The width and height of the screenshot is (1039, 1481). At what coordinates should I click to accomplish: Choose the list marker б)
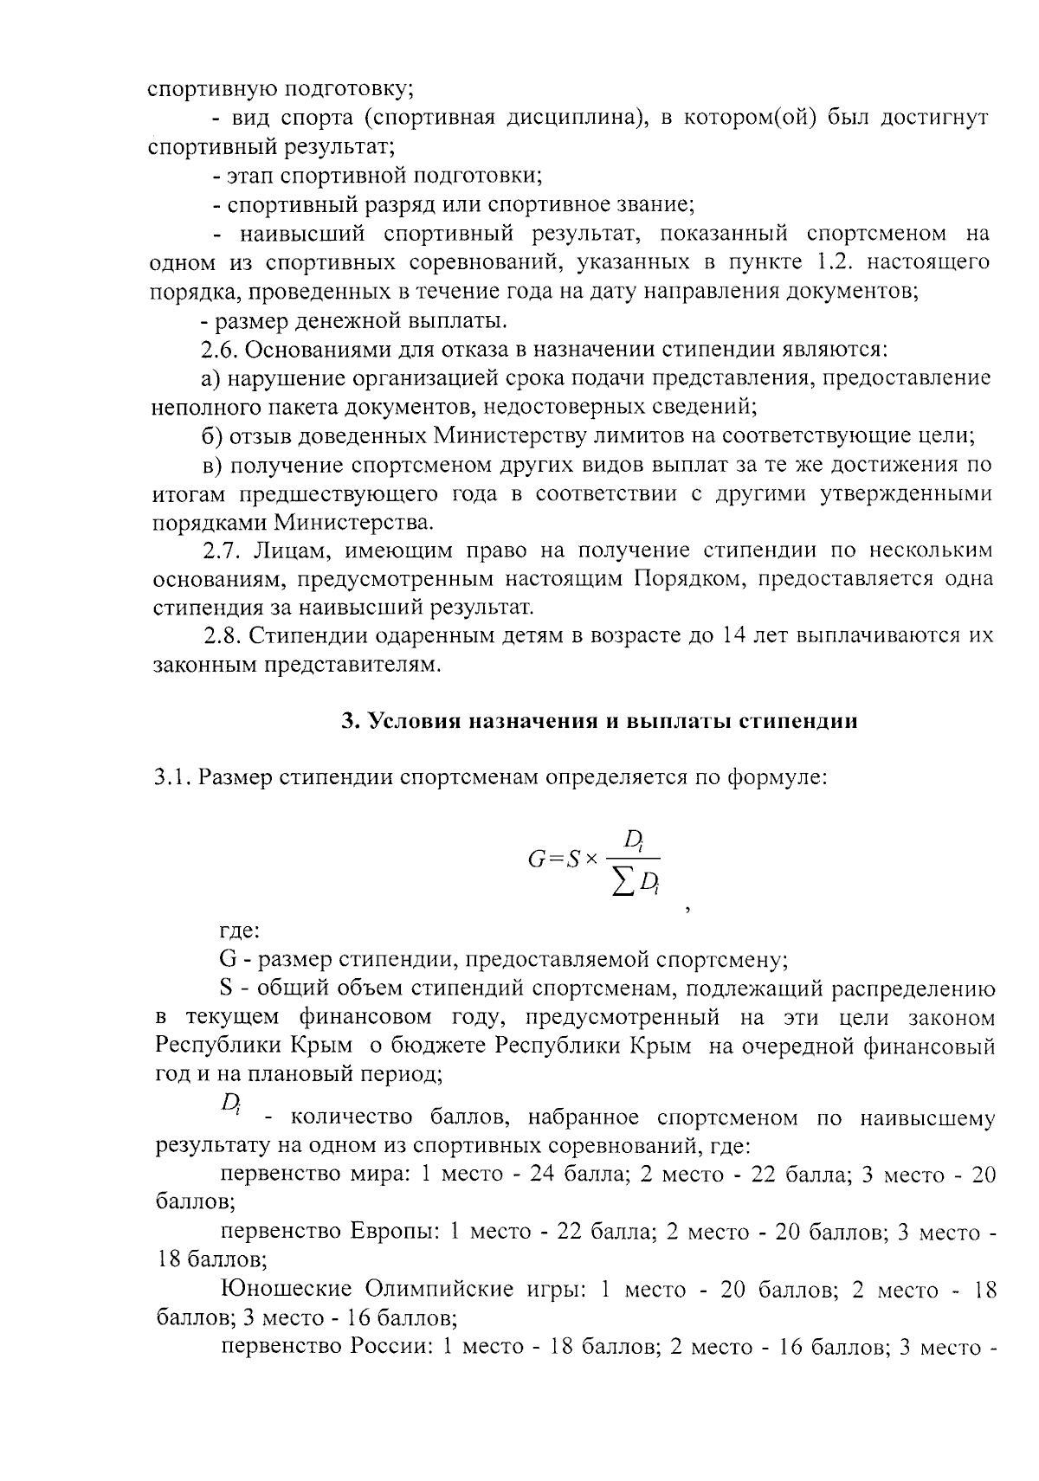tap(213, 435)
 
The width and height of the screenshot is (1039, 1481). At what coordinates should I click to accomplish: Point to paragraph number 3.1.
tap(172, 777)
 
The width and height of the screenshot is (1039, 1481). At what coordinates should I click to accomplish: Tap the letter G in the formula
tap(535, 860)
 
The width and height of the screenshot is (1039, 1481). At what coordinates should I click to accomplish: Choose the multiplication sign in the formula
tap(591, 860)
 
